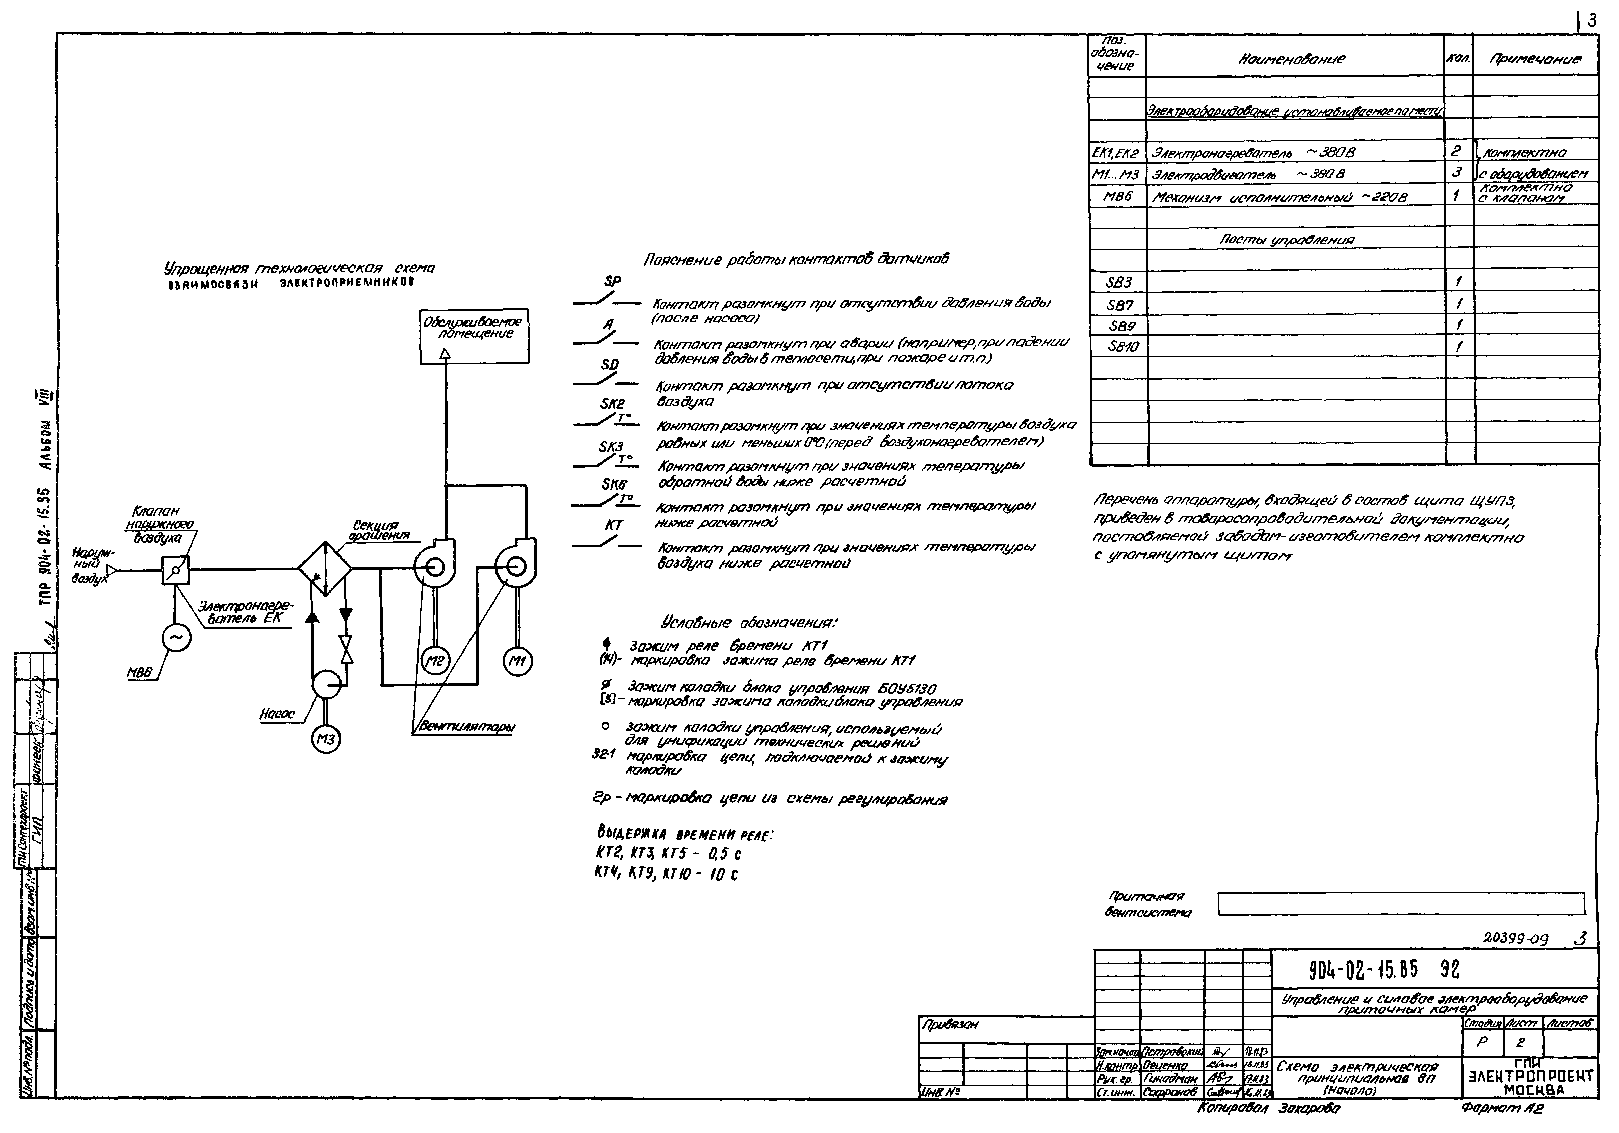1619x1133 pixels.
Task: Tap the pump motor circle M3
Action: coord(326,739)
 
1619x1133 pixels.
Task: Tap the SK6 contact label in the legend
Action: coord(613,484)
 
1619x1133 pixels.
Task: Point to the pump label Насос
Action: coord(277,714)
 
